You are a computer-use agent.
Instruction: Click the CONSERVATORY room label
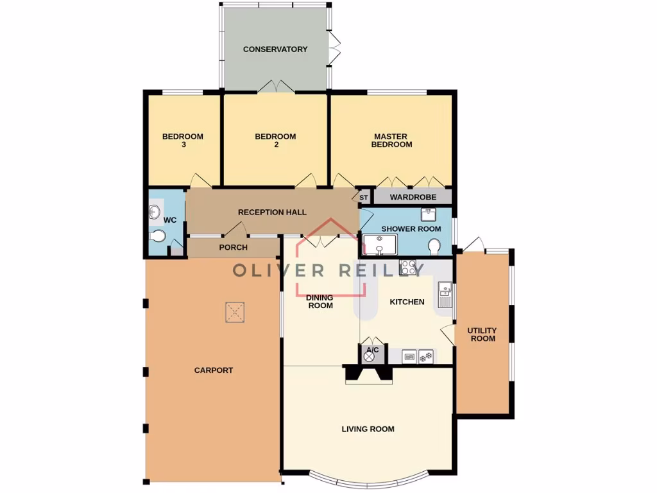275,49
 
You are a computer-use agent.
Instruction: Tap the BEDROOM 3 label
183,141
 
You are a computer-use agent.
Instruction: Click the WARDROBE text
413,197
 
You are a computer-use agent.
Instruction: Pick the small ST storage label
363,198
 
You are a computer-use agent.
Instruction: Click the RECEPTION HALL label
272,212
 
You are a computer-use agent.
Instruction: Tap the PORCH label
234,247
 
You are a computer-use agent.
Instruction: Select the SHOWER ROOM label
411,229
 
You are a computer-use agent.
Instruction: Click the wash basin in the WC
155,212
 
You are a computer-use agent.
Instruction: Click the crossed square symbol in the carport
235,313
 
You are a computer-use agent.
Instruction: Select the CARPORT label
214,370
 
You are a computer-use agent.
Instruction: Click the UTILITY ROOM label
483,334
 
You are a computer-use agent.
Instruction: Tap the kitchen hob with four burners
408,267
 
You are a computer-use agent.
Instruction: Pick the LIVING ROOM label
368,429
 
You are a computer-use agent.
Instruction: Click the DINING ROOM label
320,302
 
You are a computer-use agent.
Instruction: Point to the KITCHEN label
407,302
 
